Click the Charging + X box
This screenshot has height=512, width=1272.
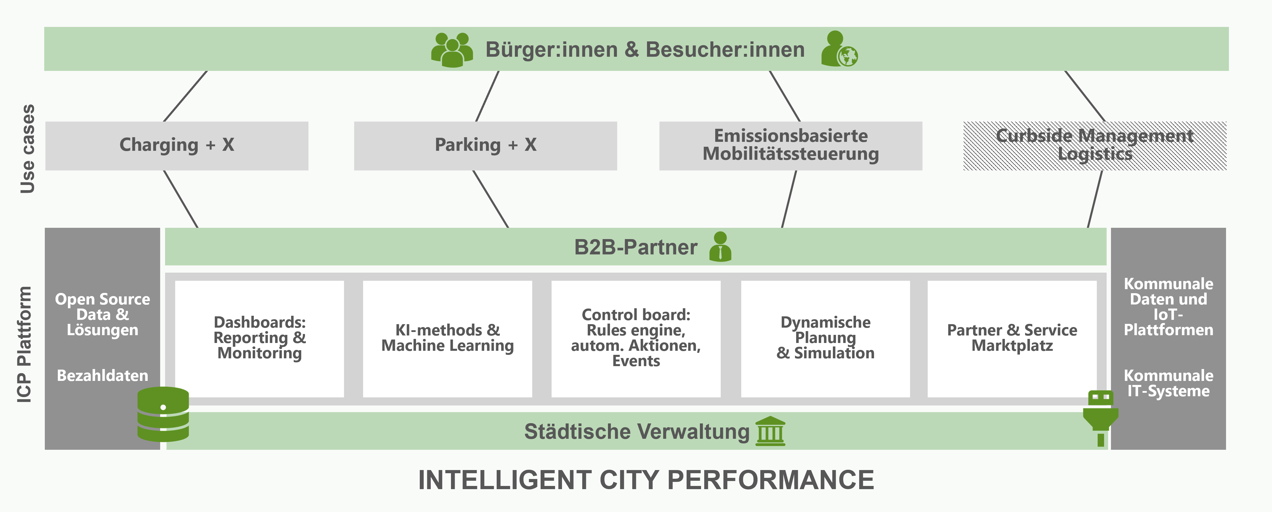[x=177, y=146]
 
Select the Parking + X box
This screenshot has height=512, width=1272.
[x=485, y=146]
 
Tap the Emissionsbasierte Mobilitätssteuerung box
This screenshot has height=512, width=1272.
[x=791, y=146]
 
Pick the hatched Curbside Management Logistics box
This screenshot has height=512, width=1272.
[x=1095, y=146]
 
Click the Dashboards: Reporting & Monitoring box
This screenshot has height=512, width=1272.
[x=260, y=339]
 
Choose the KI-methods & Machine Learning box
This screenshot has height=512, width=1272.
[x=448, y=339]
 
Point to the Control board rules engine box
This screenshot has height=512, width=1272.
[x=636, y=339]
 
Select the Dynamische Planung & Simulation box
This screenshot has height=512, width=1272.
[x=826, y=339]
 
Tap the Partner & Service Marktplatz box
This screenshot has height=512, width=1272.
[x=1012, y=339]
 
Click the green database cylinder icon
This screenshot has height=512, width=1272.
[x=163, y=414]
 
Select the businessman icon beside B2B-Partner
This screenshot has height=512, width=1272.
[x=720, y=247]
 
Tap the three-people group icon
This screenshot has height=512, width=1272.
[x=452, y=50]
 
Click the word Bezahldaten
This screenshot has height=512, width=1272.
[x=103, y=376]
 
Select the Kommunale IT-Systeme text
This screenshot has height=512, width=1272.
[x=1168, y=383]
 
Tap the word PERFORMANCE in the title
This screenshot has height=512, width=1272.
[x=771, y=480]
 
